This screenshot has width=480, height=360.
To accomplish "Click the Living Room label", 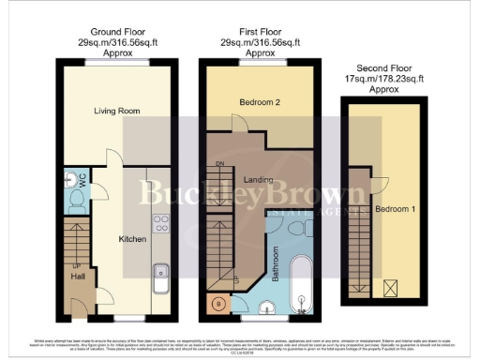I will [117, 112].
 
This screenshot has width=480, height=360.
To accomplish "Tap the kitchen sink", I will [160, 279].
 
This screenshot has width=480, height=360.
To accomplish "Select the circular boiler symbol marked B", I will [218, 304].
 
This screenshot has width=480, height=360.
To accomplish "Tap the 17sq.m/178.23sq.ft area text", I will [384, 80].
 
